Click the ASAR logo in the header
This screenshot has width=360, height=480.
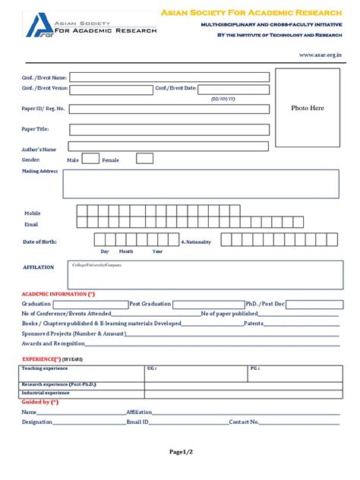point(38,24)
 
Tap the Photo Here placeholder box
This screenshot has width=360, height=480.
point(308,107)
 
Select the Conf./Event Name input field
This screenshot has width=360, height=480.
point(169,77)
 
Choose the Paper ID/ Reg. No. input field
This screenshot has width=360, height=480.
point(169,109)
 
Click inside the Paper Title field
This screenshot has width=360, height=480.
point(169,129)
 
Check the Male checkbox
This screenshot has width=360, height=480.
point(90,159)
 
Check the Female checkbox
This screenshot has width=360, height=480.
point(144,159)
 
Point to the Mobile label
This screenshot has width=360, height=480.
point(33,213)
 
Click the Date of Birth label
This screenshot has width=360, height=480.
point(39,242)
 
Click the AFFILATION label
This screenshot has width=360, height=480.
point(39,267)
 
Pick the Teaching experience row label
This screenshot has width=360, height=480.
point(45,368)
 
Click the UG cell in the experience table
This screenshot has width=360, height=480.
point(151,368)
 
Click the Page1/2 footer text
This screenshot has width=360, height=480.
point(180,453)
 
